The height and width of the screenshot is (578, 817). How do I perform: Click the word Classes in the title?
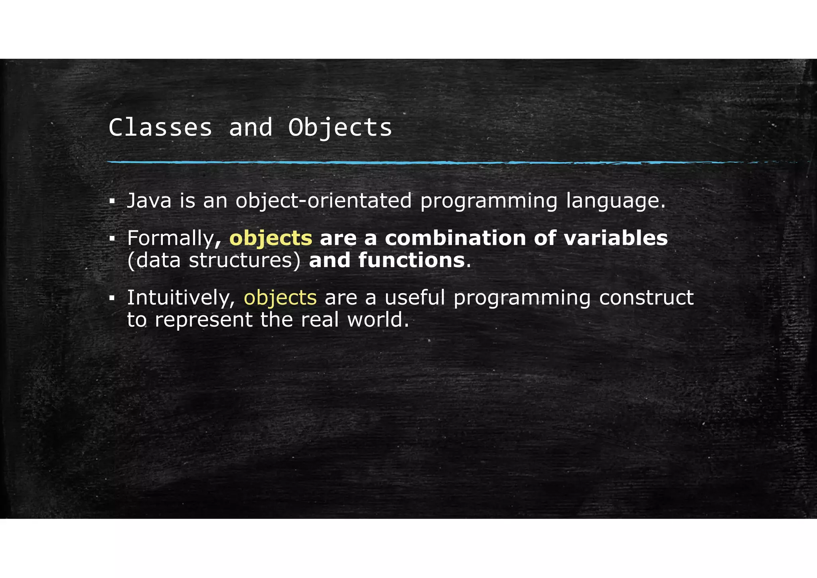click(160, 128)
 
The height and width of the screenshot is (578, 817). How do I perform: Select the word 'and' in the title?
click(251, 128)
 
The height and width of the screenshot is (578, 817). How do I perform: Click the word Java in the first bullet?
click(149, 200)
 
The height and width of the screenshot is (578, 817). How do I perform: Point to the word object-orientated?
click(324, 201)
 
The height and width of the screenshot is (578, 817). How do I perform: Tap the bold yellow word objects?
click(271, 239)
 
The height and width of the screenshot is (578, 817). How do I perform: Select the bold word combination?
click(455, 238)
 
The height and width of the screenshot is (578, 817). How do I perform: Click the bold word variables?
click(616, 238)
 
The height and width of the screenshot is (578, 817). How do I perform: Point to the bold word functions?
click(412, 260)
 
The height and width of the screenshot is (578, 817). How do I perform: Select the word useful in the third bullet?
click(415, 297)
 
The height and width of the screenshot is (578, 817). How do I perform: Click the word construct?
click(646, 298)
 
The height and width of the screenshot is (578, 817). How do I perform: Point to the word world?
click(378, 320)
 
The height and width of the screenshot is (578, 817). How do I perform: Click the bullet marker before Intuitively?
click(112, 298)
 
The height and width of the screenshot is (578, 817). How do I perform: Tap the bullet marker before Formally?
click(112, 239)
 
